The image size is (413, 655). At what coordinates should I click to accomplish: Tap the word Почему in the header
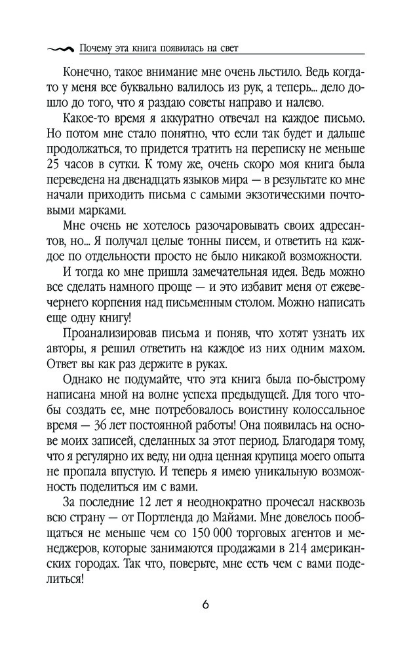click(x=94, y=48)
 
